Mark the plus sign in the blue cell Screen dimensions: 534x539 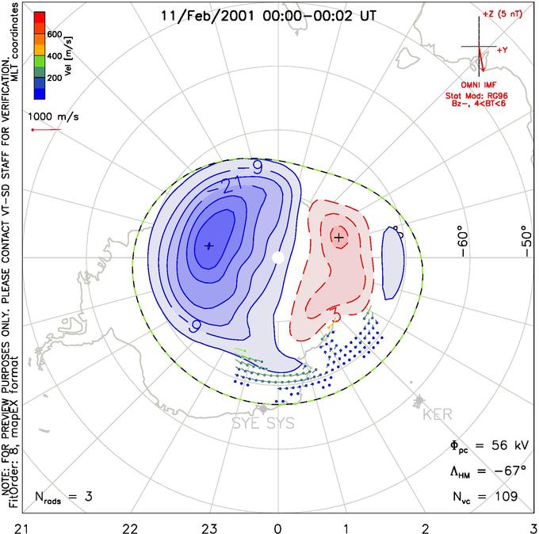pyautogui.click(x=208, y=246)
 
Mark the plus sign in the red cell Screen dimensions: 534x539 pyautogui.click(x=339, y=237)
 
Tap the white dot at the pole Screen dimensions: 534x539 pyautogui.click(x=277, y=257)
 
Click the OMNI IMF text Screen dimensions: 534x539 pyautogui.click(x=487, y=84)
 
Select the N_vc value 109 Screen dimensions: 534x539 pyautogui.click(x=503, y=497)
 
